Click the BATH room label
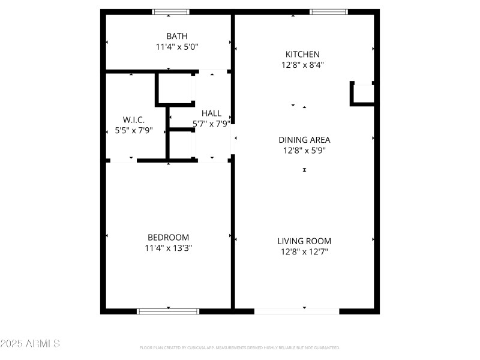tap(177, 36)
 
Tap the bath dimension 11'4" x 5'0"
tap(177, 47)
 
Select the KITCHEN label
tap(302, 54)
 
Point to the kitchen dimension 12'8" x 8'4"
tap(302, 65)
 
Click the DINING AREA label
tap(304, 140)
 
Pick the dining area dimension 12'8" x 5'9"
tap(304, 151)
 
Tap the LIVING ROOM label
tap(304, 241)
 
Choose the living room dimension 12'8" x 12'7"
tap(304, 252)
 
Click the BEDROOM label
tap(168, 238)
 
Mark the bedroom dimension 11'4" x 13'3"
tap(168, 248)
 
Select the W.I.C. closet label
tap(134, 119)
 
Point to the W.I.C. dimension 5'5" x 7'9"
tap(134, 130)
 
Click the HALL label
tap(212, 113)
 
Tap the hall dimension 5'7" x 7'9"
tap(212, 124)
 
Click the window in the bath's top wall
tap(171, 12)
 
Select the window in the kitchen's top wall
tap(328, 12)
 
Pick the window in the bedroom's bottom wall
tap(168, 311)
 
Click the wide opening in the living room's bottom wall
tap(296, 311)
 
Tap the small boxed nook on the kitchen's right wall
tap(362, 94)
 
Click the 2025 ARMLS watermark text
tap(30, 343)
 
